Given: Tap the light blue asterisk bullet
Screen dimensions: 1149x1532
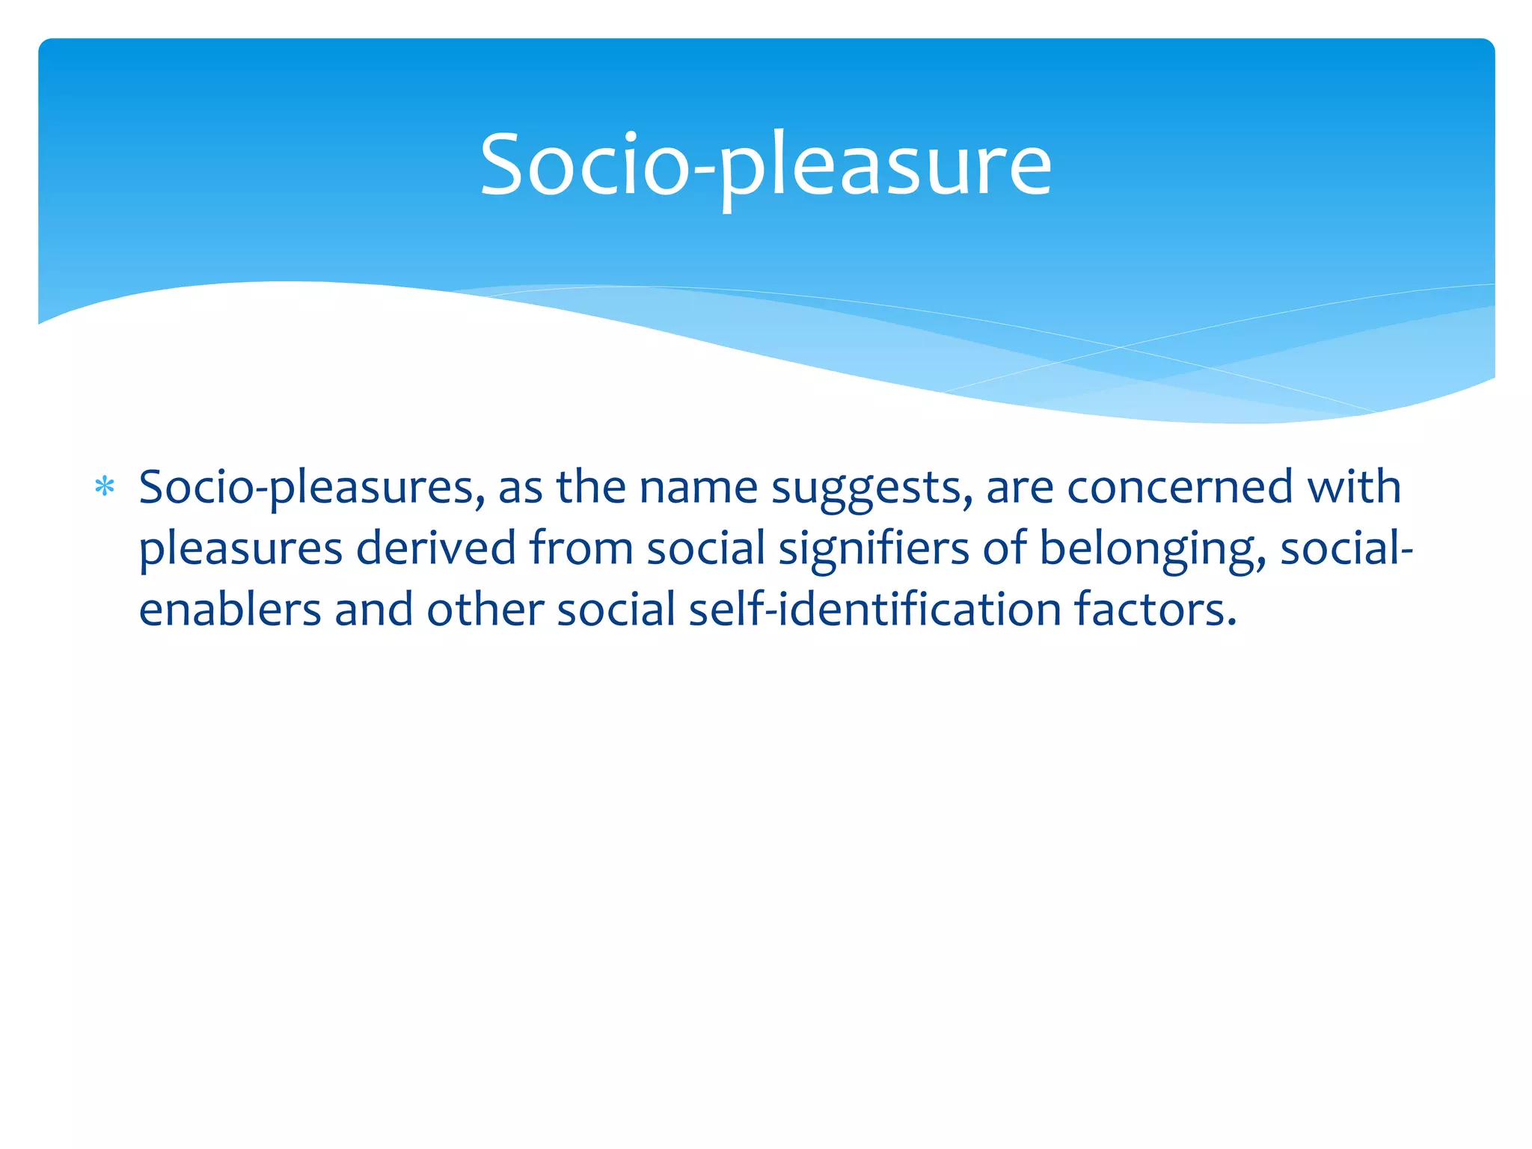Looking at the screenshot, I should [x=105, y=488].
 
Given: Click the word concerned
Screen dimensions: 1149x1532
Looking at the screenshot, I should [x=1180, y=488].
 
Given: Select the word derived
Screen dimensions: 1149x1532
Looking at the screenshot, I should [x=436, y=548].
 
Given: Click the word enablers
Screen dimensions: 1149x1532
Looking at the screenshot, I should [x=230, y=609].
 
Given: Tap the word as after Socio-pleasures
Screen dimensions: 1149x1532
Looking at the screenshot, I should [x=520, y=488].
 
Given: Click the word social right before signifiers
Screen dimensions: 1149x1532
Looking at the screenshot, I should [x=705, y=548].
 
